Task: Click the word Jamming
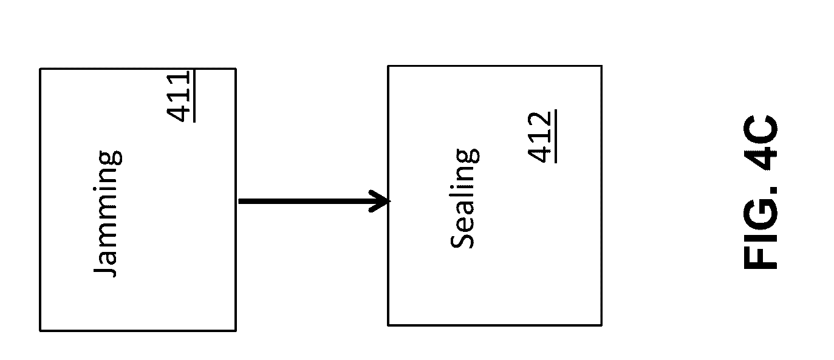tap(108, 214)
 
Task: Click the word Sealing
tap(465, 198)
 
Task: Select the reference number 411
tap(180, 96)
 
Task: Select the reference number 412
tap(539, 137)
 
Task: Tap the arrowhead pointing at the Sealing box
tap(381, 201)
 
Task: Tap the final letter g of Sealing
tap(468, 155)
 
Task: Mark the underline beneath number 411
tap(194, 96)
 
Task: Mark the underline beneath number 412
tap(554, 137)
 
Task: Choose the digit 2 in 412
tap(539, 120)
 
